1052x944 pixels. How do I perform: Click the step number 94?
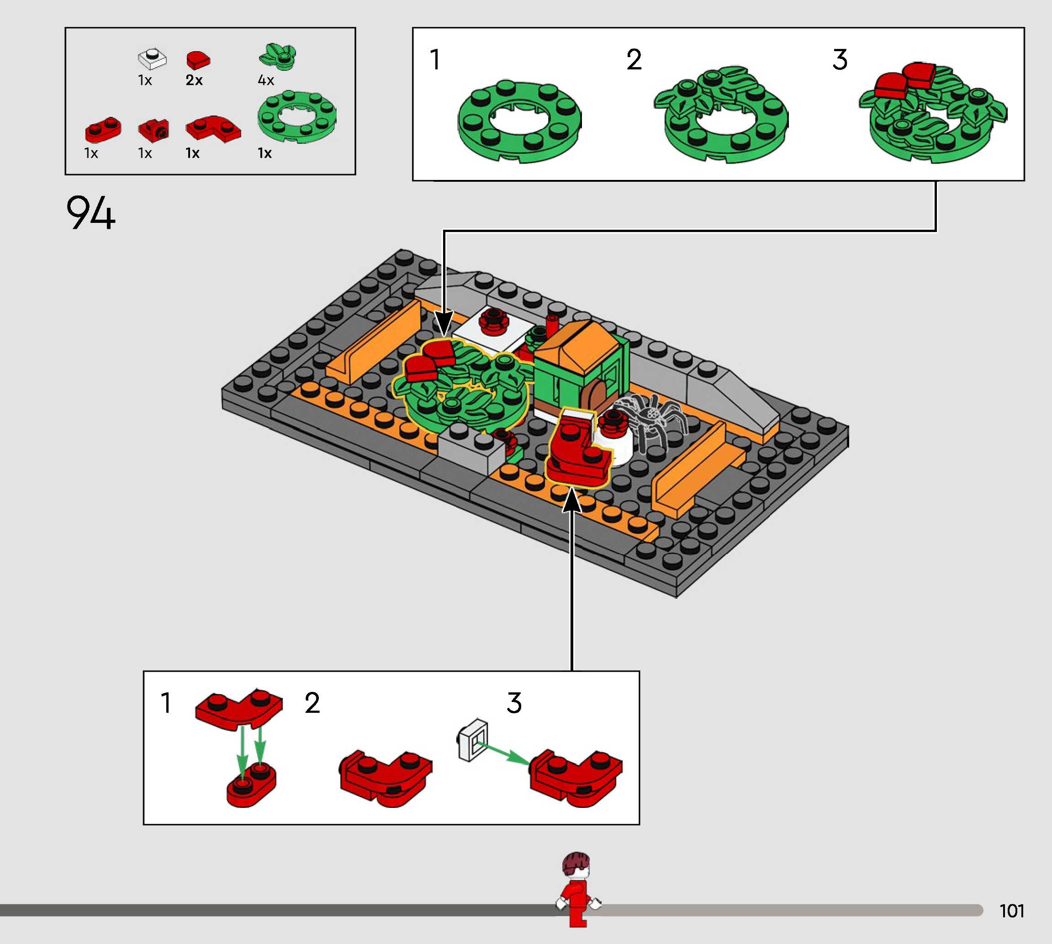(90, 212)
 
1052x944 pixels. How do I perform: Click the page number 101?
(1011, 911)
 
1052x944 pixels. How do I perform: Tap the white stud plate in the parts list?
(152, 58)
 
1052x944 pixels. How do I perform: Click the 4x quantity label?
(265, 80)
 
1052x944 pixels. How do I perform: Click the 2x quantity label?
(194, 80)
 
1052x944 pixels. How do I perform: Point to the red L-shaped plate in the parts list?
(213, 127)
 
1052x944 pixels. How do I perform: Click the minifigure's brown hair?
(576, 864)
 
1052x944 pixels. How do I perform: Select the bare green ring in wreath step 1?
(519, 122)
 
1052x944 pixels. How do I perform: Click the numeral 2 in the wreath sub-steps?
(634, 60)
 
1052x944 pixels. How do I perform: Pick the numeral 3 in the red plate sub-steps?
(513, 703)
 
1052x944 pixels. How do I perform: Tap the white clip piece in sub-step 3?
(473, 740)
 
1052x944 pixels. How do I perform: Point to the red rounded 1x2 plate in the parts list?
(103, 130)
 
